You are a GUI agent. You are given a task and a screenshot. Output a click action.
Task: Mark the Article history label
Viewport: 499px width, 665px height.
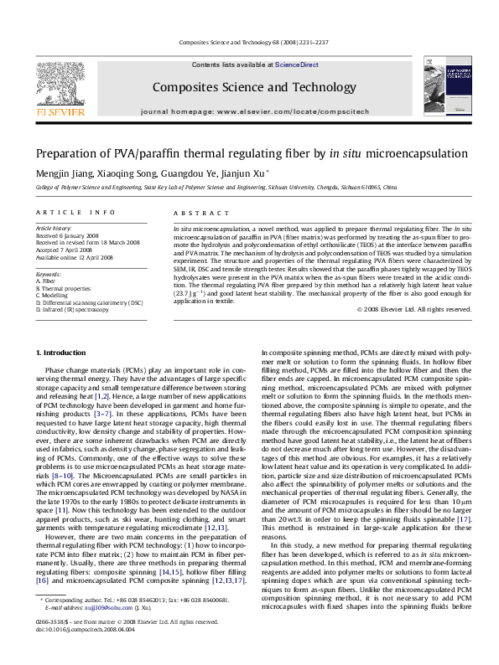(53, 228)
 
